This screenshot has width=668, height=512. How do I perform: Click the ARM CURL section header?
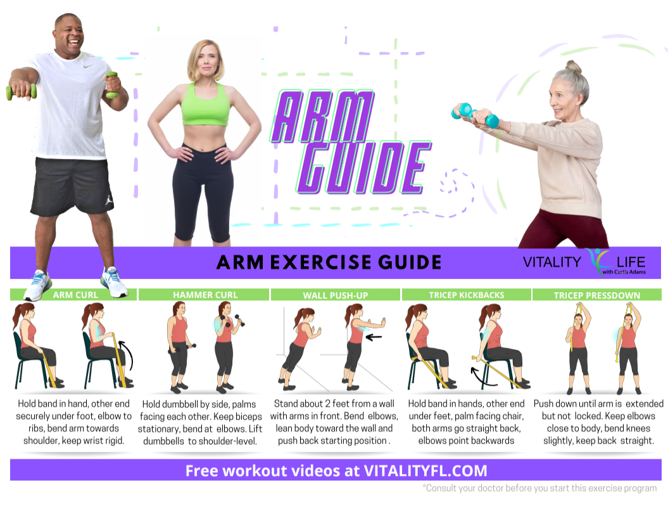(x=75, y=295)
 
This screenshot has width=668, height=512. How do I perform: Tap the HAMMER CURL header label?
(x=205, y=295)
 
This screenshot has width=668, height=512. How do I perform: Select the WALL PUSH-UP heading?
(x=336, y=295)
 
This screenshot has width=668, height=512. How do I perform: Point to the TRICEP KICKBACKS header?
(x=467, y=295)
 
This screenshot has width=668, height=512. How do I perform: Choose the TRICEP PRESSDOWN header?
(x=597, y=295)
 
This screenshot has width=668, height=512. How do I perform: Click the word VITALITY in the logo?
(x=551, y=262)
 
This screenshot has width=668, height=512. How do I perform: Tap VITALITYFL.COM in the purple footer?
(x=425, y=471)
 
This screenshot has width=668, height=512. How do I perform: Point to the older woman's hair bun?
(x=574, y=67)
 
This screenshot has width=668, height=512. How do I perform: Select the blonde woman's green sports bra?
(x=205, y=105)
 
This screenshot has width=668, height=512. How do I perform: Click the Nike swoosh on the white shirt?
(x=87, y=66)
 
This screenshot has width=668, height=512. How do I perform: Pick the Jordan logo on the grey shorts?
(x=109, y=200)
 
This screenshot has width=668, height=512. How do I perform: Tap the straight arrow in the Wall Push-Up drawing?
(x=374, y=337)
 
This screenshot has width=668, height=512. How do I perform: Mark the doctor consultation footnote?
(x=539, y=488)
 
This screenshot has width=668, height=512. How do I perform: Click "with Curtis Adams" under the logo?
(x=624, y=272)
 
